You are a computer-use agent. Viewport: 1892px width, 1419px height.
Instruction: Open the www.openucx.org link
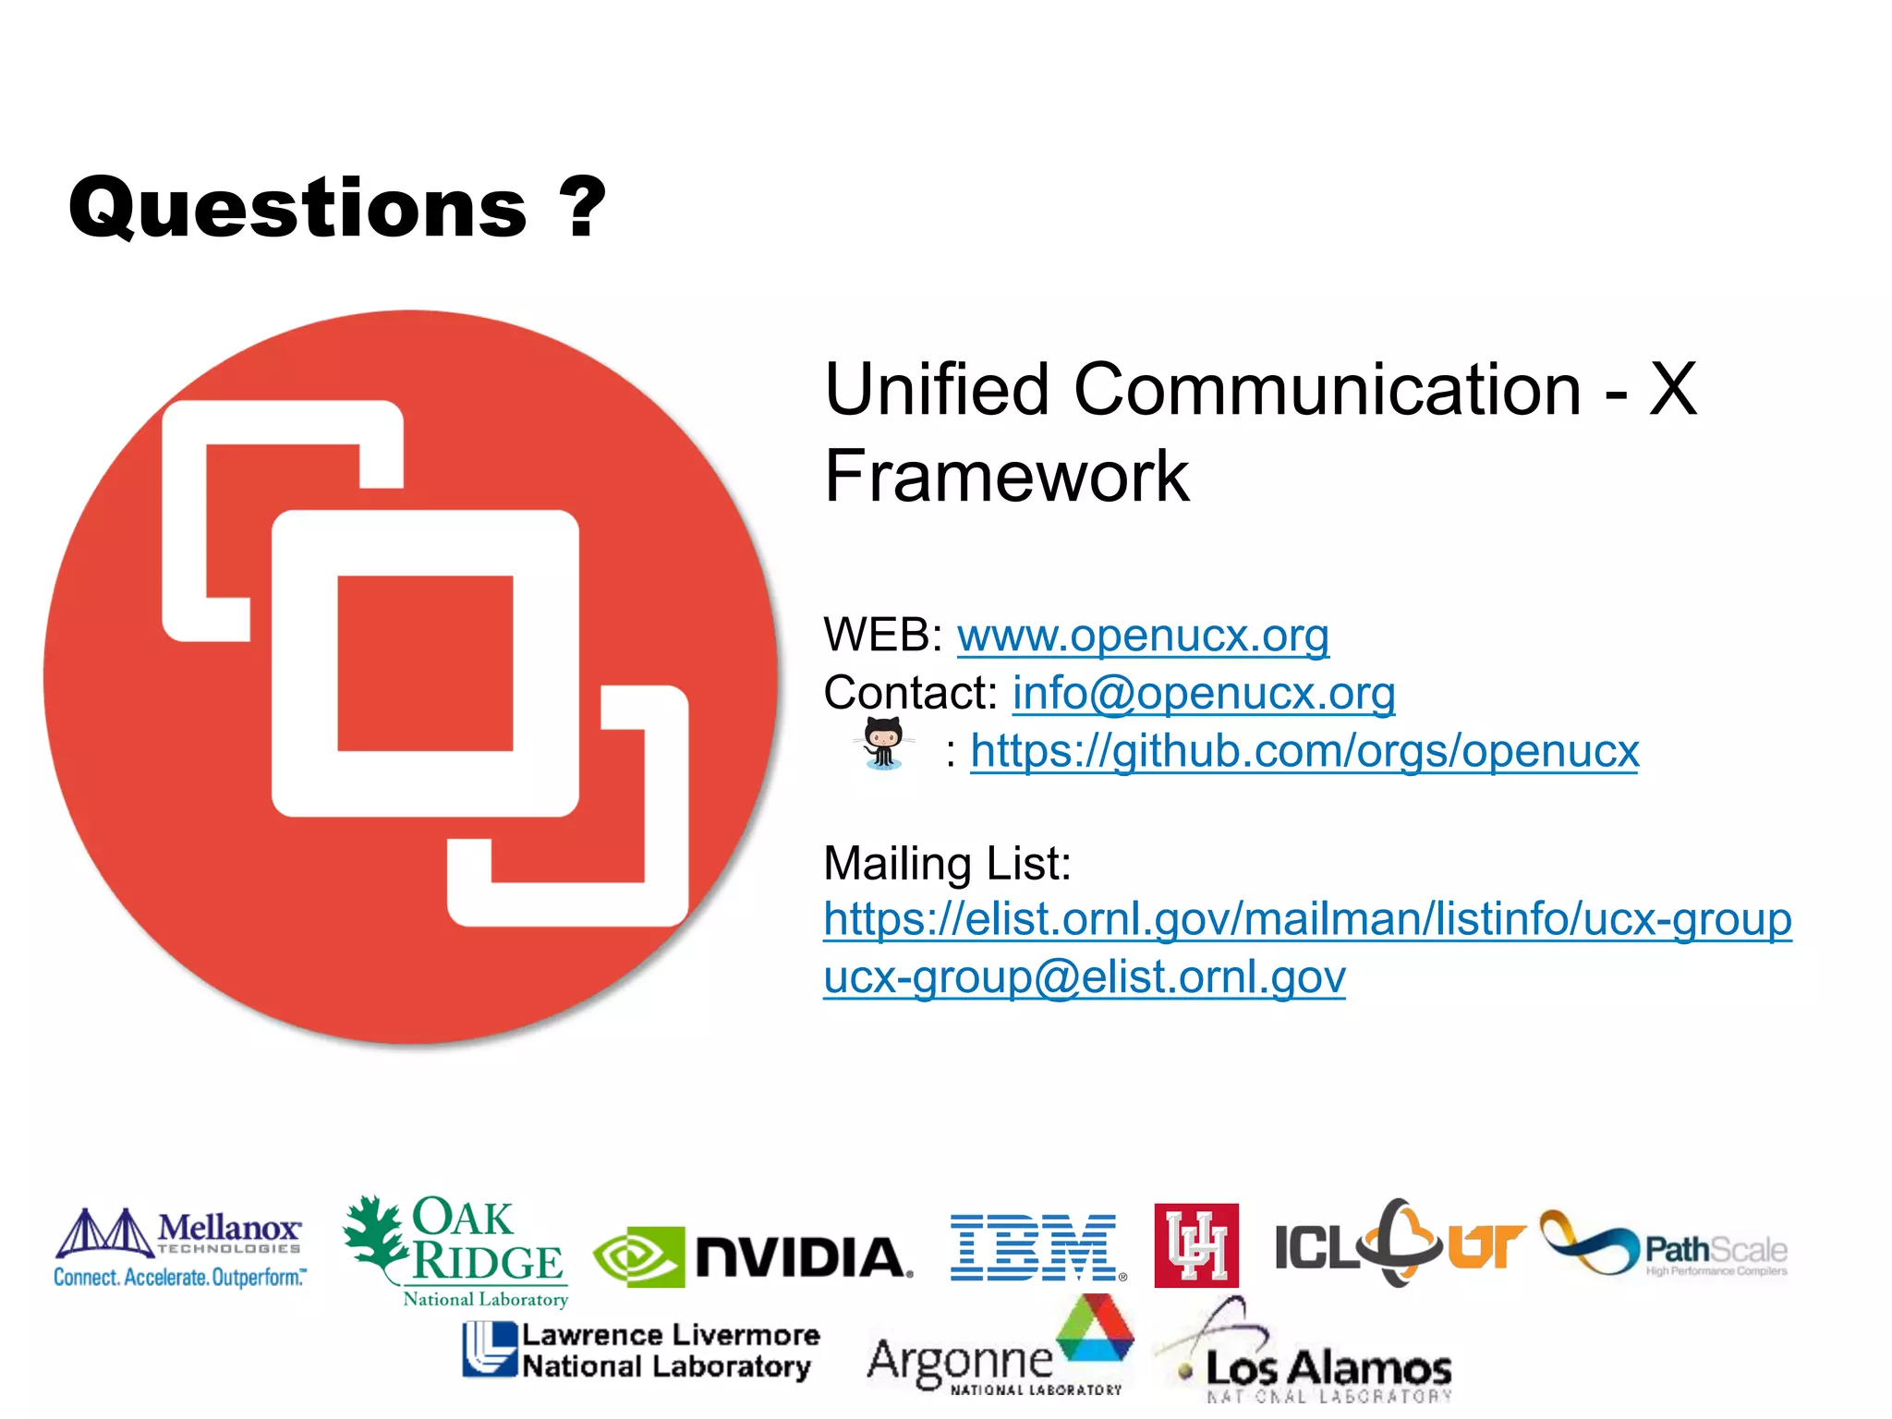click(x=1143, y=636)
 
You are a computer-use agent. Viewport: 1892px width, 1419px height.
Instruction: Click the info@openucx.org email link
click(x=1203, y=693)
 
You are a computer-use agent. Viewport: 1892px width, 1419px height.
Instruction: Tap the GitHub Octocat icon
click(x=883, y=744)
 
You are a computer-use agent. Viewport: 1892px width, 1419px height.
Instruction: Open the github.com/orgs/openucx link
click(x=1304, y=751)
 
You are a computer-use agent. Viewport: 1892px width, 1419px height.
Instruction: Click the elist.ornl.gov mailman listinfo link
click(x=1306, y=920)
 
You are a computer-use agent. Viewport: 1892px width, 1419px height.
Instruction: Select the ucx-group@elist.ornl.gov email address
click(x=1084, y=977)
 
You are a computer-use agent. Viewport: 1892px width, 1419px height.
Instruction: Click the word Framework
click(x=1006, y=477)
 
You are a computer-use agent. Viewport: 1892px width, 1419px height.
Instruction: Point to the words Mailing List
click(x=946, y=864)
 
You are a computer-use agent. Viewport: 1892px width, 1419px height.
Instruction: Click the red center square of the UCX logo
click(x=425, y=663)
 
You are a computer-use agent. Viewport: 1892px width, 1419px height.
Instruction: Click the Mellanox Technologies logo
click(x=179, y=1247)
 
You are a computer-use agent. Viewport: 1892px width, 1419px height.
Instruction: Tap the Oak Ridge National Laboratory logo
click(x=457, y=1249)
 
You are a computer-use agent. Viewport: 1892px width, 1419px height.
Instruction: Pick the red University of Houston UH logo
click(x=1195, y=1245)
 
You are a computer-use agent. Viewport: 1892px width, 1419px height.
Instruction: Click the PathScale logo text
click(x=1715, y=1251)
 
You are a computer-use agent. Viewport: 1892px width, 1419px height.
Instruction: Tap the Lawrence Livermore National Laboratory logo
click(x=641, y=1351)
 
